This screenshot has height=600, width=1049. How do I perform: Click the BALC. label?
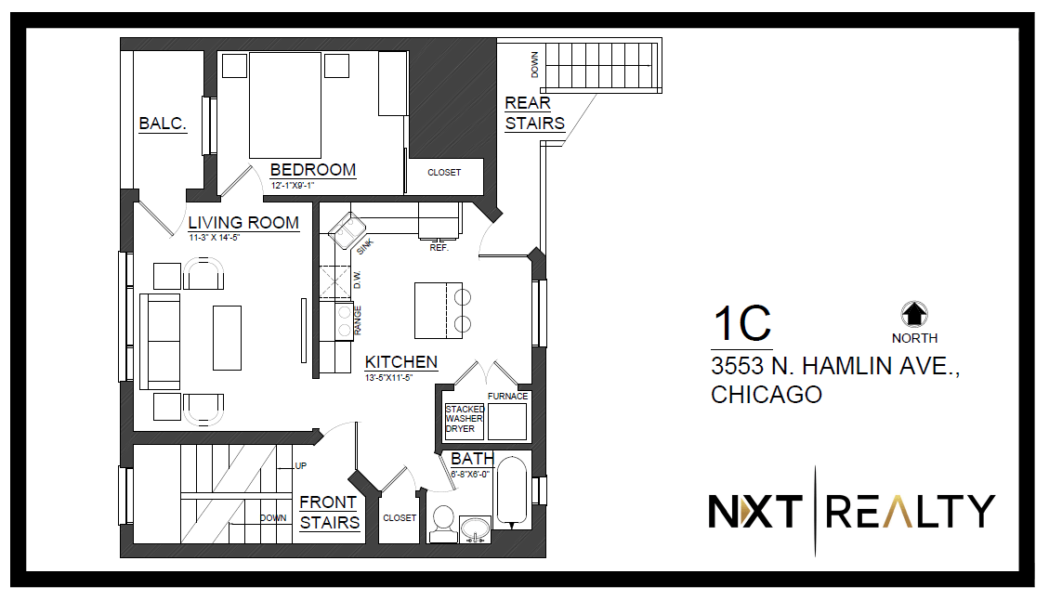click(x=163, y=124)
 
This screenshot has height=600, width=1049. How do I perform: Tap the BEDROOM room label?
click(x=313, y=170)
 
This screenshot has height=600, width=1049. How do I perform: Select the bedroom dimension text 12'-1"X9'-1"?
click(x=293, y=185)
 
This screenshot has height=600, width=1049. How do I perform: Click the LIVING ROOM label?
click(x=243, y=223)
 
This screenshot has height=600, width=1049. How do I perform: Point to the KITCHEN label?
click(x=401, y=362)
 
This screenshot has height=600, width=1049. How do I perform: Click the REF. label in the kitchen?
click(x=439, y=247)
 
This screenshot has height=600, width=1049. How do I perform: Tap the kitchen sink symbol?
click(x=347, y=230)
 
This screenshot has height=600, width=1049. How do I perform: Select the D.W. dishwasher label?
click(x=357, y=280)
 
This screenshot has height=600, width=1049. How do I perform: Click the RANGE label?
click(x=358, y=320)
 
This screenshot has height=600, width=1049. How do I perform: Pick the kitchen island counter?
click(x=439, y=310)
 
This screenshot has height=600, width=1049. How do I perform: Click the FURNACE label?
click(x=507, y=396)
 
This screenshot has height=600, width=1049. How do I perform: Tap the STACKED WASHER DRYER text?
click(x=465, y=419)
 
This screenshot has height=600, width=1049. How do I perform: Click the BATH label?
click(x=472, y=459)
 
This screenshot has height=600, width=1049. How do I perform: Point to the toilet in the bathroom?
click(x=443, y=524)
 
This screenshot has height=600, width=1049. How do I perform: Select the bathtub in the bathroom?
click(x=513, y=489)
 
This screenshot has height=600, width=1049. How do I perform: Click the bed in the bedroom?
click(x=285, y=106)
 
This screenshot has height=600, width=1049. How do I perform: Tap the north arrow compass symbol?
click(x=914, y=314)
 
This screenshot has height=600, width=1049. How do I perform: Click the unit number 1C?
click(x=742, y=324)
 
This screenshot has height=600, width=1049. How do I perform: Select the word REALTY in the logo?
click(x=911, y=512)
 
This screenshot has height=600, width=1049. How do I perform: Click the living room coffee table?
click(x=227, y=338)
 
